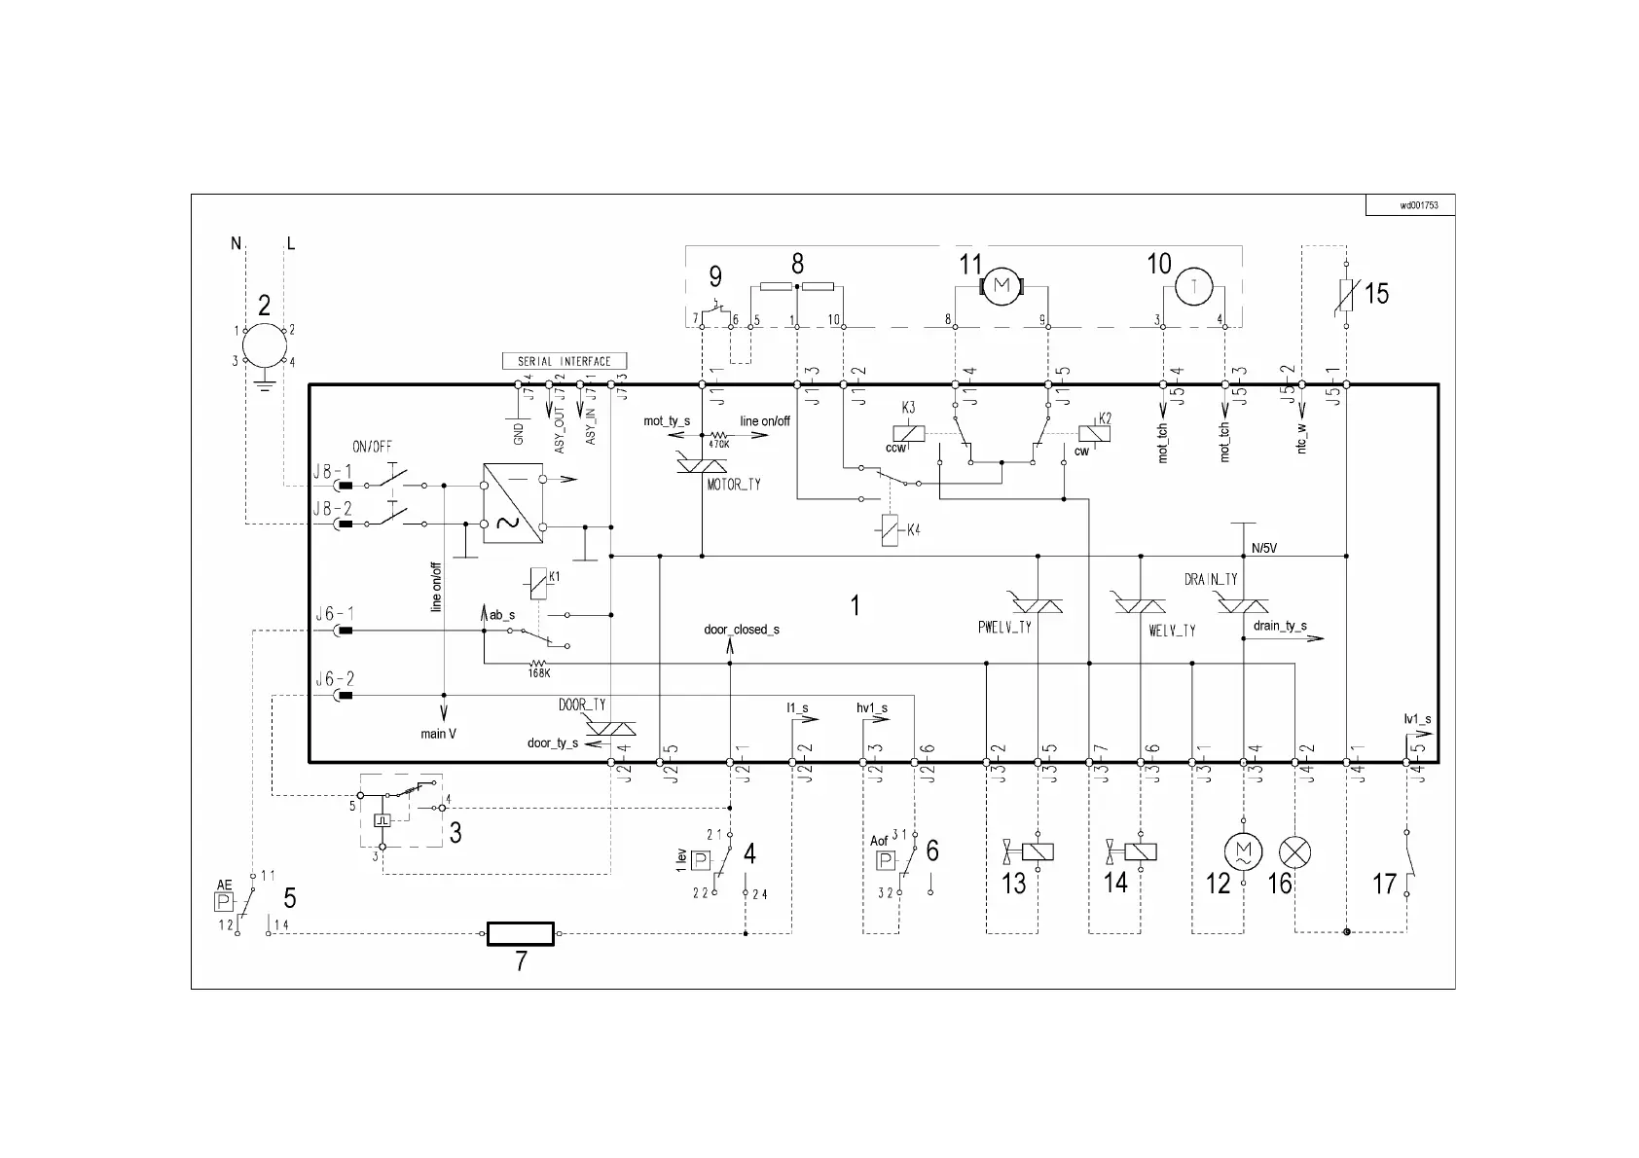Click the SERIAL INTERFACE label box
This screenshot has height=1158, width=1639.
click(x=565, y=361)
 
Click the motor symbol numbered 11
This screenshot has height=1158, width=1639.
click(x=1002, y=285)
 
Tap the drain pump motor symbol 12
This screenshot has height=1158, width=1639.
click(x=1241, y=852)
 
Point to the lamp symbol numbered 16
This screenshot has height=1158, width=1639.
click(x=1294, y=852)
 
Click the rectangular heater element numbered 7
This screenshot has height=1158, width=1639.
click(x=521, y=934)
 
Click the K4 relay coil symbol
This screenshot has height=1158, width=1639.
click(x=890, y=530)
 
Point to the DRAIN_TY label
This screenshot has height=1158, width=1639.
click(x=1211, y=580)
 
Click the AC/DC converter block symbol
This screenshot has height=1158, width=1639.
click(x=512, y=502)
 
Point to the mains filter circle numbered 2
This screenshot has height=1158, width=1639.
click(x=264, y=345)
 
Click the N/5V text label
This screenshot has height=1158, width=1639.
click(x=1264, y=548)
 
